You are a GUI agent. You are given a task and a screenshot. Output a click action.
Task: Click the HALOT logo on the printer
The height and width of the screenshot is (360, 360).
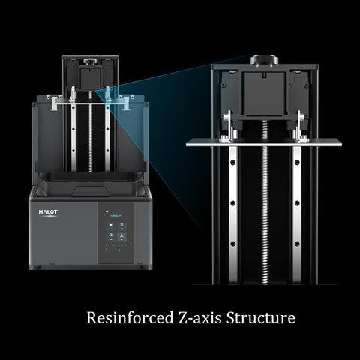tap(48, 212)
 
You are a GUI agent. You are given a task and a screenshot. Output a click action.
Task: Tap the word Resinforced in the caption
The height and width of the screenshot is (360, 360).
tap(130, 318)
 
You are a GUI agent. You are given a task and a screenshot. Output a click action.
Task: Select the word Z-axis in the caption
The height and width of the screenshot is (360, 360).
tap(200, 318)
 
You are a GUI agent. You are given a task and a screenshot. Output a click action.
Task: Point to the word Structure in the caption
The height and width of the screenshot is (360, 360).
tap(261, 318)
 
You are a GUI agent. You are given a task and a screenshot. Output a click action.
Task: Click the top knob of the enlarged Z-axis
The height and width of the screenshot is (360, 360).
tap(264, 60)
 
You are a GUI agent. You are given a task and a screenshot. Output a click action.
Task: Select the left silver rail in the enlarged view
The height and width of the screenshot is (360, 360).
tap(233, 215)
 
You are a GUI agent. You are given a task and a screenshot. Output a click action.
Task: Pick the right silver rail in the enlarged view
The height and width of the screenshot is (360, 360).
tap(297, 215)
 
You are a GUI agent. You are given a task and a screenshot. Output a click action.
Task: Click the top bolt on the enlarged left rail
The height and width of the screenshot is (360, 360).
tap(233, 163)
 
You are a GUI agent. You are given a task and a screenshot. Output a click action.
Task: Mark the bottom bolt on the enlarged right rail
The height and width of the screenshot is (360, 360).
tap(297, 244)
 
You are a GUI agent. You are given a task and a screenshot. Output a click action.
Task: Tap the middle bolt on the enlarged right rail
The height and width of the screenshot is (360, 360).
tap(297, 203)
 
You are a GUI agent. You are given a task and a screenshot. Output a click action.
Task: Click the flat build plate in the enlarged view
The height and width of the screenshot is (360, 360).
tap(264, 143)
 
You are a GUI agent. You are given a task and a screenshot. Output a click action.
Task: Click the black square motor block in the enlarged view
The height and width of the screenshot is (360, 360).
tap(264, 94)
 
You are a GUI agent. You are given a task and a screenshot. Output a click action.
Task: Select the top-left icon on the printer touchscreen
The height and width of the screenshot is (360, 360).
tap(110, 226)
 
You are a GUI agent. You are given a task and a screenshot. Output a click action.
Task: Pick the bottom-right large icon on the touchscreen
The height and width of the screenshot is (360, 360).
tap(121, 236)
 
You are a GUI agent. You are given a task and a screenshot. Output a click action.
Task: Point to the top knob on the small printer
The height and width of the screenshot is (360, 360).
tap(89, 61)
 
